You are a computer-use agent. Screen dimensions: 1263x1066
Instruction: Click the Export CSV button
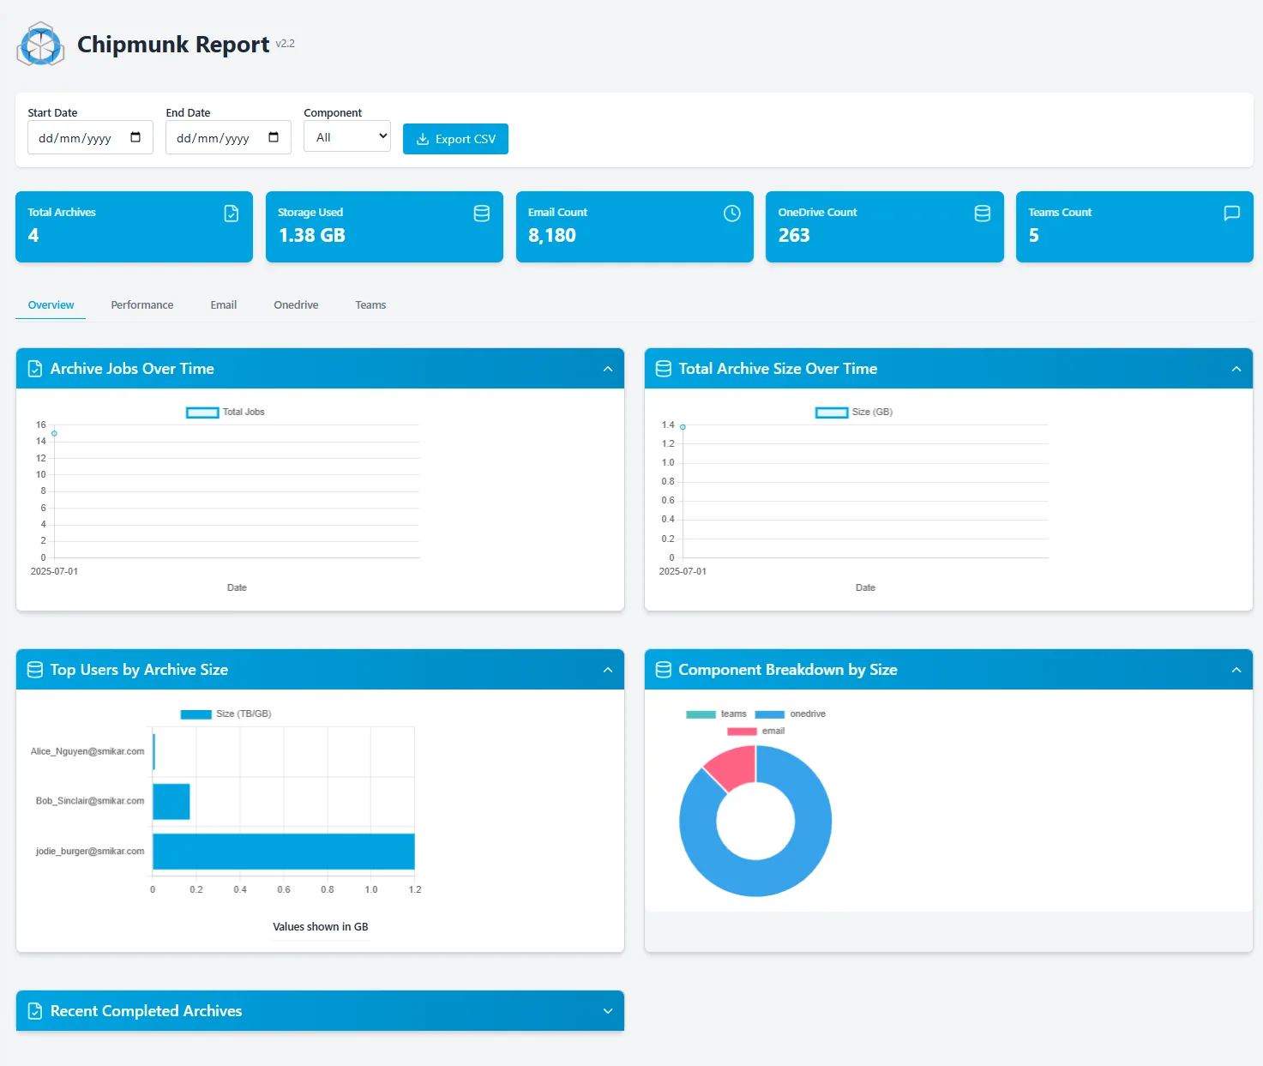[455, 139]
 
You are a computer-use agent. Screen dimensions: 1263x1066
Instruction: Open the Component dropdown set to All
[346, 136]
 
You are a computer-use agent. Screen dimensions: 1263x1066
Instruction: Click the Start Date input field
[90, 137]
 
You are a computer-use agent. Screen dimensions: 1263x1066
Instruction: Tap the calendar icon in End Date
[274, 137]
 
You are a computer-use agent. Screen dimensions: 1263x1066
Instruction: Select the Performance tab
[141, 305]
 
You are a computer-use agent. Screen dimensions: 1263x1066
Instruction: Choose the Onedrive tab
[296, 305]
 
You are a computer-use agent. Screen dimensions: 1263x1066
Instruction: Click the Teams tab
[370, 305]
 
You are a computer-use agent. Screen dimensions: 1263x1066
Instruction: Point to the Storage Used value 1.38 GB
[311, 235]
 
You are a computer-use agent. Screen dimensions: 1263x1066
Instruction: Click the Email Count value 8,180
[551, 235]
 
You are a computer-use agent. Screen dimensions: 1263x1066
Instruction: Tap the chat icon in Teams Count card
[1231, 213]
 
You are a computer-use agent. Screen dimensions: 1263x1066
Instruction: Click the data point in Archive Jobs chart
[54, 433]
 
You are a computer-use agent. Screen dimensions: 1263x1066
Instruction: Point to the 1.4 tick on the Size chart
[668, 425]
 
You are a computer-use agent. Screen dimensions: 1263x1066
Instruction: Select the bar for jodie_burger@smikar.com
[284, 852]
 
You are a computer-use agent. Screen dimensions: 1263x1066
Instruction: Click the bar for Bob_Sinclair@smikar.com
[171, 802]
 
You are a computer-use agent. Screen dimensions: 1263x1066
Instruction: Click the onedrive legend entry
[790, 714]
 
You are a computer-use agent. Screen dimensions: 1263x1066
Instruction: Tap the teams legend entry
[716, 714]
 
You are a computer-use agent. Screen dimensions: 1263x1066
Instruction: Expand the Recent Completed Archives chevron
[608, 1011]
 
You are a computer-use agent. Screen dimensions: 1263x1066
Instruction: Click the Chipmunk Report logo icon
[40, 44]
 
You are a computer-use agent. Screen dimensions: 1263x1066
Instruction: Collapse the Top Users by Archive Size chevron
[608, 670]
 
